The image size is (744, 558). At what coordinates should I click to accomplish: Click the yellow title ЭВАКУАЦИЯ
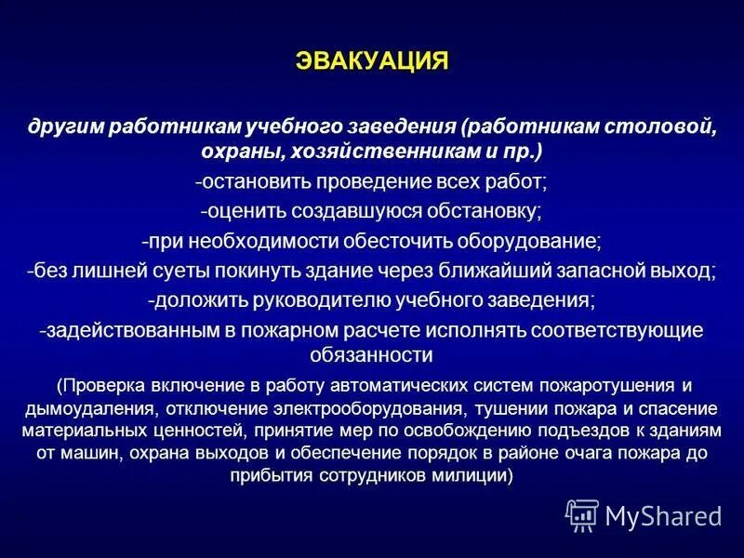pyautogui.click(x=372, y=60)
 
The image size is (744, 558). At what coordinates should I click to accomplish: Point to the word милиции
pyautogui.click(x=472, y=474)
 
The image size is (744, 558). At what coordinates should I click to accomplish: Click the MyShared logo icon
pyautogui.click(x=582, y=515)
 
